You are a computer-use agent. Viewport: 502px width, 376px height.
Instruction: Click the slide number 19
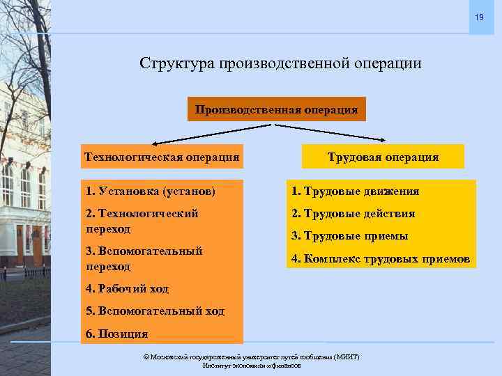(479, 17)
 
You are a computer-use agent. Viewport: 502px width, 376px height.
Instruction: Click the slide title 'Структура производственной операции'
(280, 63)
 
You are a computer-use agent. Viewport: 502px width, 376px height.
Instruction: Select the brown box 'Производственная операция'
(277, 109)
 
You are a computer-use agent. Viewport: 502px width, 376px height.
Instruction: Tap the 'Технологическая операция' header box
(162, 157)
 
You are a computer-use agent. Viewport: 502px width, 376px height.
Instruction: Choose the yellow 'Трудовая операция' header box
(383, 157)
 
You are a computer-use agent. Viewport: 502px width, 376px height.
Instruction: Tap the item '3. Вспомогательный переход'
(144, 258)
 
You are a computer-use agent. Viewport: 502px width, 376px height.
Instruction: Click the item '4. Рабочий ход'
(127, 288)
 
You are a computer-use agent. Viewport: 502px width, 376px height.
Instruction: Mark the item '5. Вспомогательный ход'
(155, 311)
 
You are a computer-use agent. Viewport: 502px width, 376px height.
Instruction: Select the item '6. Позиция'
(116, 334)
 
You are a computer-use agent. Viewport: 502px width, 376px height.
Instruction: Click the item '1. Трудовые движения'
(356, 191)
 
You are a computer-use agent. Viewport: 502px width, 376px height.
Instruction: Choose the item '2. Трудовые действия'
(353, 213)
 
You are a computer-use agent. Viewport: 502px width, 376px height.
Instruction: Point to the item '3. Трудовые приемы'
(350, 236)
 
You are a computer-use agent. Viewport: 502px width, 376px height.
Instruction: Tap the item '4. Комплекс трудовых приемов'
(381, 259)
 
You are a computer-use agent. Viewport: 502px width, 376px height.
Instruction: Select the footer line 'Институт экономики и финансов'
(251, 366)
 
